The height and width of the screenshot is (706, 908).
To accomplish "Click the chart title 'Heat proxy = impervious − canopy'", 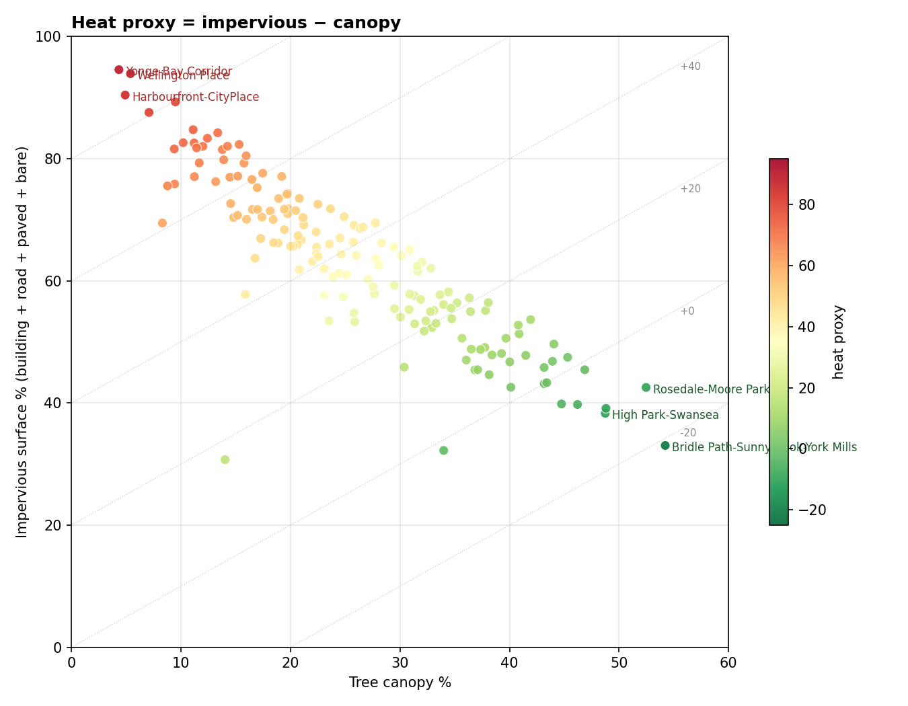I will (235, 23).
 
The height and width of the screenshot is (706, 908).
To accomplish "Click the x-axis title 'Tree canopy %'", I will (400, 682).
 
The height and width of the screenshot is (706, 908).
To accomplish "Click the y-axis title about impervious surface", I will (23, 342).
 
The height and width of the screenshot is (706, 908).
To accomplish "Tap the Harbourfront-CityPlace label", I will (195, 97).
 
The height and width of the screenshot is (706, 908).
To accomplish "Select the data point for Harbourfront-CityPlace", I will (125, 95).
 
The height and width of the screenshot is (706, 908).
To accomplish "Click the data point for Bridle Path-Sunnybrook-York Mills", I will (665, 446).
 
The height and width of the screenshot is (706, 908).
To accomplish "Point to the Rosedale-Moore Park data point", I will (646, 387).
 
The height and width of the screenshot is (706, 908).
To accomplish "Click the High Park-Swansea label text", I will (665, 415).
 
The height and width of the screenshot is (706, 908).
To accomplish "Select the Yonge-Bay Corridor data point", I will (119, 70).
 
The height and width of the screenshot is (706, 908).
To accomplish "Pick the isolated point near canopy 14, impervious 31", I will (225, 460).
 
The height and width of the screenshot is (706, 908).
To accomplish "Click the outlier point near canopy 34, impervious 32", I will (443, 450).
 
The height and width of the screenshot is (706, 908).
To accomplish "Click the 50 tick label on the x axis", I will (618, 662).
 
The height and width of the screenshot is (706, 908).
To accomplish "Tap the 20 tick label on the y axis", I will (56, 525).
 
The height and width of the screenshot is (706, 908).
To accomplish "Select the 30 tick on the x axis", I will (400, 662).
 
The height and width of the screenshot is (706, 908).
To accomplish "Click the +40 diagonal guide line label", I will (690, 67).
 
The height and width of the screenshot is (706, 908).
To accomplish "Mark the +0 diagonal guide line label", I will (687, 311).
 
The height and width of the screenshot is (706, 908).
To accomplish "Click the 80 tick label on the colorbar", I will (806, 204).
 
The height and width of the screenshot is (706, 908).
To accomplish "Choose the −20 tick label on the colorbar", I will (810, 510).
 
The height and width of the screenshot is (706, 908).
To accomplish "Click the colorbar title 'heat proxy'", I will (838, 342).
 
